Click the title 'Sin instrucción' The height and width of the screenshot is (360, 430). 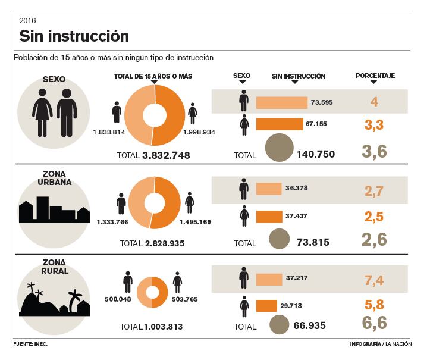tap(74, 36)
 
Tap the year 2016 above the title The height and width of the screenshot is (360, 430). tap(27, 21)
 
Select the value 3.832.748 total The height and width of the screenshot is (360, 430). tap(166, 155)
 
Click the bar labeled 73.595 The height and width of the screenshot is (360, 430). tap(281, 102)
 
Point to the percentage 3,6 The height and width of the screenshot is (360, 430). tap(374, 152)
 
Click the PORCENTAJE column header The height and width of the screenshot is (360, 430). tap(375, 76)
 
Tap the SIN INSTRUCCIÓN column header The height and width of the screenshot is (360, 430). tap(299, 76)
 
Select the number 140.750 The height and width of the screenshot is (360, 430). tap(315, 154)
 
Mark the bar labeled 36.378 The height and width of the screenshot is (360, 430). tap(268, 189)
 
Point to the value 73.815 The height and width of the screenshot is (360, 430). tap(312, 242)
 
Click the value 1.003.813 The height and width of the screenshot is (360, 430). tap(162, 327)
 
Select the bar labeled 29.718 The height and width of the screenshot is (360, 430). tap(266, 306)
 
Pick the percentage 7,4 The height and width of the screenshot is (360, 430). tap(374, 280)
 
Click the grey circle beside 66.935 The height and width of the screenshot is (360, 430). tap(280, 325)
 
